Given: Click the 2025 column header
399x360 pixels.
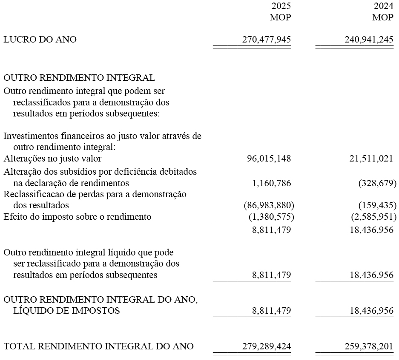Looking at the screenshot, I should point(281,6).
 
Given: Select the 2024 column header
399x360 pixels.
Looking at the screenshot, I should point(383,6).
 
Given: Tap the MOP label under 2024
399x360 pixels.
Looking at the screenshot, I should point(382,18).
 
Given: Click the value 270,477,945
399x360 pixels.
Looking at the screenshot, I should point(267,40).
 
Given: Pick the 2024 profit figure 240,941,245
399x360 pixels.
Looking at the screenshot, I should point(368,40).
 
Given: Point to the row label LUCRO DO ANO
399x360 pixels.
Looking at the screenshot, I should point(40,40).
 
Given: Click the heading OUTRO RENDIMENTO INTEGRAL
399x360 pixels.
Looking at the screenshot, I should point(79,78).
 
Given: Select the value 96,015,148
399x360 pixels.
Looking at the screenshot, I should point(269,159).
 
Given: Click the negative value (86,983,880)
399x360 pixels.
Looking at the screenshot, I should point(269,205).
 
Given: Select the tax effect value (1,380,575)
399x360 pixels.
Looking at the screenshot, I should point(271,217).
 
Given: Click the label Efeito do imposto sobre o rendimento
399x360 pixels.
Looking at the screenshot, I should point(77,217).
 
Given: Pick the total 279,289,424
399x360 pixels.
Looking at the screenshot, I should point(267,346).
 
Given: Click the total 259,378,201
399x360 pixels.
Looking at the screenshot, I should point(368,346).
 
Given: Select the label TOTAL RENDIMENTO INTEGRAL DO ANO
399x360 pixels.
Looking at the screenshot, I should point(98,346).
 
